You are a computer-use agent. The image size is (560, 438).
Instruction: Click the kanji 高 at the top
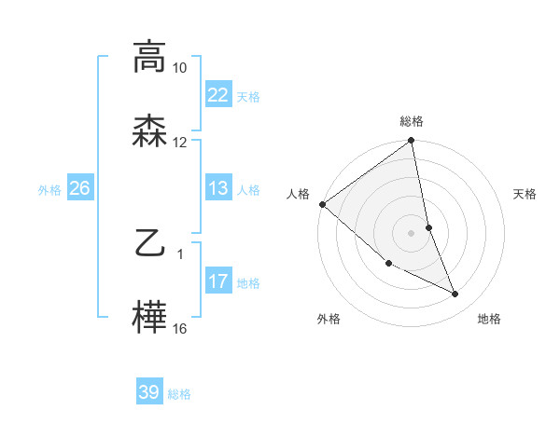tap(149, 57)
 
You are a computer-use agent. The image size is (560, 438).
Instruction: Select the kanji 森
tap(149, 130)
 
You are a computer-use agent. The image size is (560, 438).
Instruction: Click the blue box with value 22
tap(217, 95)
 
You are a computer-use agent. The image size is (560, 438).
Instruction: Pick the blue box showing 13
tap(217, 188)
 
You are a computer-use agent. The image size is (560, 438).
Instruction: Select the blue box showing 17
tap(217, 281)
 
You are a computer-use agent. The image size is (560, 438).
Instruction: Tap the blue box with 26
tap(79, 188)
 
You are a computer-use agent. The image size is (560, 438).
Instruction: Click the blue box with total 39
tap(148, 392)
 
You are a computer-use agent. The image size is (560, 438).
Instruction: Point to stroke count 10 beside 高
tap(180, 69)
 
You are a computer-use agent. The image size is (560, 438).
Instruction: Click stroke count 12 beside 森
tap(180, 143)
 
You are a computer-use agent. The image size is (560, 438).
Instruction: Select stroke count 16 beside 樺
tap(180, 329)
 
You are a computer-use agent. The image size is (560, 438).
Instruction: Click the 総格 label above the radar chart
tap(412, 121)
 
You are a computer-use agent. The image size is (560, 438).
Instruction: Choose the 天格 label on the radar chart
tap(525, 194)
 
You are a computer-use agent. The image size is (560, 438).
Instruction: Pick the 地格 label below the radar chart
tap(489, 320)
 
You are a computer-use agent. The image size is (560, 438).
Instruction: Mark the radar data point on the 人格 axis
tap(322, 204)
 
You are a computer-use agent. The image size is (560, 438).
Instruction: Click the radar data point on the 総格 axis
tap(412, 142)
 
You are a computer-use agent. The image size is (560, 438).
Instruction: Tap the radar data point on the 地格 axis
tap(455, 294)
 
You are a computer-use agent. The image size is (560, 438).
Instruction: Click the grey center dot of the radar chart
tap(412, 233)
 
